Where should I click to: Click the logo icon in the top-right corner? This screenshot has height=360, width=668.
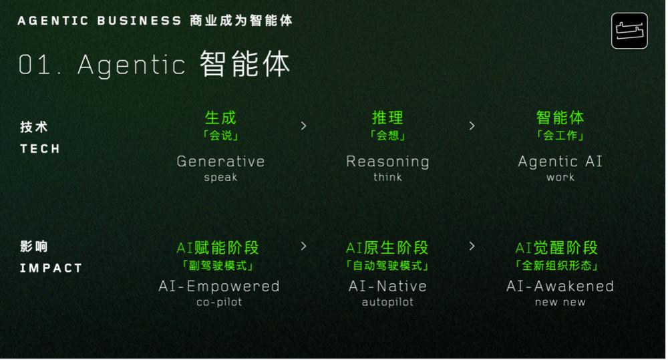click(x=629, y=31)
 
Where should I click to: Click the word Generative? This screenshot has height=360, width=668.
click(x=220, y=162)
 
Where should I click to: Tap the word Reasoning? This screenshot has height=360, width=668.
click(x=387, y=162)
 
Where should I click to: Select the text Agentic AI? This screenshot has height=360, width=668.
click(x=560, y=162)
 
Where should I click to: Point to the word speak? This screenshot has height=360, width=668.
click(x=220, y=178)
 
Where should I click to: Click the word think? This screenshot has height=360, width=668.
click(x=387, y=177)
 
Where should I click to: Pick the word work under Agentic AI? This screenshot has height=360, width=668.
click(x=560, y=177)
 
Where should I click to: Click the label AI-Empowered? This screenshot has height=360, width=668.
click(x=219, y=287)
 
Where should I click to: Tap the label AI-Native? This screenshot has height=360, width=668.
click(x=387, y=286)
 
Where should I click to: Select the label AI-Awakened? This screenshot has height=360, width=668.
click(x=560, y=286)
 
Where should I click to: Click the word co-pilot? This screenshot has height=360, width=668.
click(x=219, y=302)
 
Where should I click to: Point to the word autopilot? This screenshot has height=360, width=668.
click(x=387, y=302)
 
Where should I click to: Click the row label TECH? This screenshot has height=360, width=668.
click(x=40, y=149)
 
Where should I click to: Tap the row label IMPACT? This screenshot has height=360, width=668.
click(x=51, y=268)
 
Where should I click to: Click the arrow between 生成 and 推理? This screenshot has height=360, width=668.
click(x=304, y=126)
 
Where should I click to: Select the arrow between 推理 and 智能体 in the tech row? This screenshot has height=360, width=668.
click(x=472, y=126)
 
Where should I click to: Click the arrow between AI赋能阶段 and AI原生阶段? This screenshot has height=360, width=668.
click(x=304, y=246)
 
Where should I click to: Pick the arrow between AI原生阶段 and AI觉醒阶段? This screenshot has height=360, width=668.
click(x=472, y=246)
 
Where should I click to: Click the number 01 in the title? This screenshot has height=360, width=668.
click(x=35, y=65)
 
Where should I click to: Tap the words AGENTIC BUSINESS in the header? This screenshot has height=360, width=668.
click(x=100, y=21)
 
